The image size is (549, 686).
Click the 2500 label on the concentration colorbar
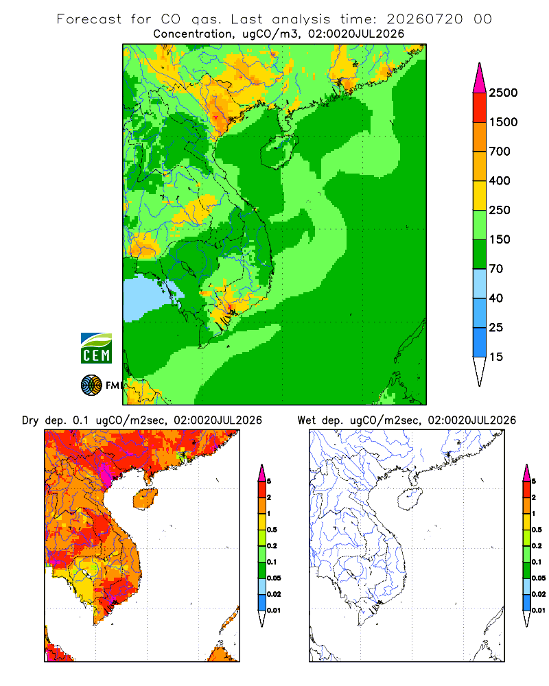503,93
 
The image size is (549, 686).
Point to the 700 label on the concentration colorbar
500,152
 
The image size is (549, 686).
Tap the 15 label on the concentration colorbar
496,357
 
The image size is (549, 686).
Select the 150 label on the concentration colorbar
500,239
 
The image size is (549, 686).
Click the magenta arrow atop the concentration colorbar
480,79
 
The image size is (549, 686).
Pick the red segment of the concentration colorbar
480,108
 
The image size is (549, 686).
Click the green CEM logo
96,348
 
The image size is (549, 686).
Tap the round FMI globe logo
91,386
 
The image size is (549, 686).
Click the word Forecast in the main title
89,19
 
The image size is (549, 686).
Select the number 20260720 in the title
424,19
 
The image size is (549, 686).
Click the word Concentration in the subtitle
193,34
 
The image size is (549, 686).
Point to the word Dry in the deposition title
30,421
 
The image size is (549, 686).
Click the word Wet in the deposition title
307,421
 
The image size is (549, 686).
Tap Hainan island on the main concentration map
279,152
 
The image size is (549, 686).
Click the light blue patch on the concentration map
145,298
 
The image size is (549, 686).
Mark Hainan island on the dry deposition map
145,499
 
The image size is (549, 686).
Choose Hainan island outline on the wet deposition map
410,499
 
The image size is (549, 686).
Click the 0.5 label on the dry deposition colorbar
272,530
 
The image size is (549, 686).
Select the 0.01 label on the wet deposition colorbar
539,611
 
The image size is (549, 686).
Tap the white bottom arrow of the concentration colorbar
480,370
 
